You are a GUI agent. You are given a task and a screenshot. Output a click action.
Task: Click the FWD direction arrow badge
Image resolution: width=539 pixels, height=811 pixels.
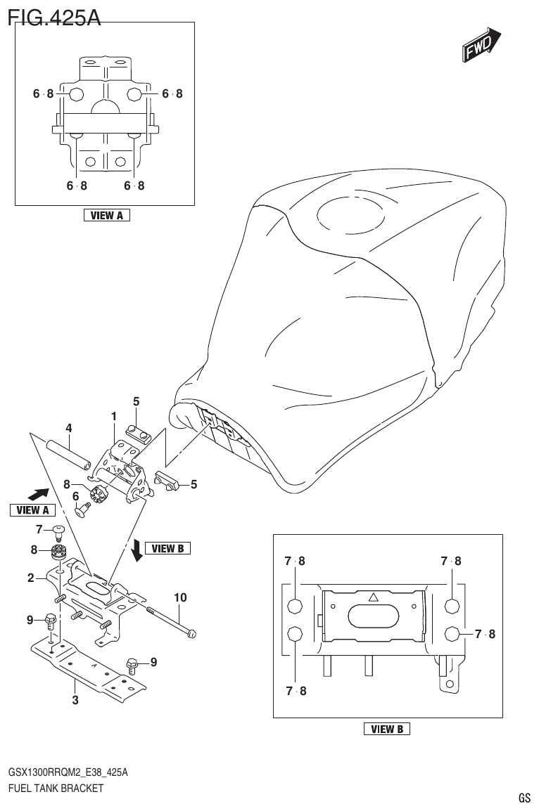(481, 46)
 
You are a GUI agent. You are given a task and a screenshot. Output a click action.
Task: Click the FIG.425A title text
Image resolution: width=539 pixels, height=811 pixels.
(54, 15)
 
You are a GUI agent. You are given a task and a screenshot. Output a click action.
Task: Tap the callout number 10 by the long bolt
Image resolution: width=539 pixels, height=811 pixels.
(180, 597)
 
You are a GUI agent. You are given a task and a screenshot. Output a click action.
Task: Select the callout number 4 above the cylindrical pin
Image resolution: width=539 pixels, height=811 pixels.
(69, 428)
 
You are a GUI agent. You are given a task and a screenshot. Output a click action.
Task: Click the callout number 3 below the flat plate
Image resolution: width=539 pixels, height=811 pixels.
(75, 700)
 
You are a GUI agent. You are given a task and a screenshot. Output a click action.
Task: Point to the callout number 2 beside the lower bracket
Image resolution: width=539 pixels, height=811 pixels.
(31, 578)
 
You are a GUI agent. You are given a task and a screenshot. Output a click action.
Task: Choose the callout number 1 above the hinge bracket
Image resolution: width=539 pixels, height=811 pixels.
(113, 417)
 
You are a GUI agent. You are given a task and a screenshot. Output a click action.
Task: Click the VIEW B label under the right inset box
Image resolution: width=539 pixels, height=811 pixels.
(386, 729)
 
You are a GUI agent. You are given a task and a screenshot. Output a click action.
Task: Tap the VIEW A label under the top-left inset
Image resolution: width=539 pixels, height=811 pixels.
(106, 216)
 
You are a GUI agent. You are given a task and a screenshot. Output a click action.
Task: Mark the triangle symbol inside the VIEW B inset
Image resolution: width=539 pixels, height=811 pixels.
(374, 598)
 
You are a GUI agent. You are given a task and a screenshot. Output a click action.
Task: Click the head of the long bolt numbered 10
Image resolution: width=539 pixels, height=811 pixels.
(192, 634)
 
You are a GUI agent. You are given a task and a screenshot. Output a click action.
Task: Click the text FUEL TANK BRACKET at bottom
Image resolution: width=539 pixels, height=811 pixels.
(56, 788)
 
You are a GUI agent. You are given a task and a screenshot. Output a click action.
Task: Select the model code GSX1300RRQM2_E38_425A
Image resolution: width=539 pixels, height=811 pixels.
(68, 772)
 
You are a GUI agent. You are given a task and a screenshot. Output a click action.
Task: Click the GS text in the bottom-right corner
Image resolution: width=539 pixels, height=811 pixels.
(524, 798)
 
